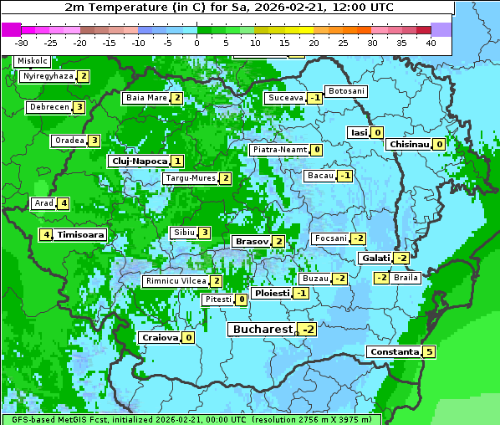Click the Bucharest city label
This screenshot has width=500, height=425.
pyautogui.click(x=262, y=330)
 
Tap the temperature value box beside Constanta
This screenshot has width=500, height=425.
pyautogui.click(x=429, y=352)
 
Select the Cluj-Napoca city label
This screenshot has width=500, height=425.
pyautogui.click(x=139, y=161)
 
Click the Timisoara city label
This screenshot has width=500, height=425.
pyautogui.click(x=81, y=235)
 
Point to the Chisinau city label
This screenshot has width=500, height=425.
pyautogui.click(x=408, y=144)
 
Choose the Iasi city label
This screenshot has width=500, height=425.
pyautogui.click(x=359, y=132)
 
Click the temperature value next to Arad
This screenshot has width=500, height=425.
pyautogui.click(x=63, y=203)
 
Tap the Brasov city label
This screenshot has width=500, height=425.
pyautogui.click(x=251, y=241)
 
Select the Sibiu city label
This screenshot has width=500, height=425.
pyautogui.click(x=183, y=232)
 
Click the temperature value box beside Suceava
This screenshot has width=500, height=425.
pyautogui.click(x=314, y=98)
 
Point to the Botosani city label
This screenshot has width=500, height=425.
pyautogui.click(x=345, y=90)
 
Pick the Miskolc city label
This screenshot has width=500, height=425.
pyautogui.click(x=32, y=61)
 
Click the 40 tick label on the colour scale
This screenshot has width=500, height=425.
pyautogui.click(x=431, y=42)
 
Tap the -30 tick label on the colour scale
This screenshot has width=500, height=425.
pyautogui.click(x=22, y=42)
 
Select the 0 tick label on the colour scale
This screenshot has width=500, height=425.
pyautogui.click(x=197, y=42)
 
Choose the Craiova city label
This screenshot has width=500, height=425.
pyautogui.click(x=159, y=337)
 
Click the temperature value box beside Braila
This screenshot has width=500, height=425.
pyautogui.click(x=380, y=278)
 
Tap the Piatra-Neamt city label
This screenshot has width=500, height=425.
pyautogui.click(x=279, y=150)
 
